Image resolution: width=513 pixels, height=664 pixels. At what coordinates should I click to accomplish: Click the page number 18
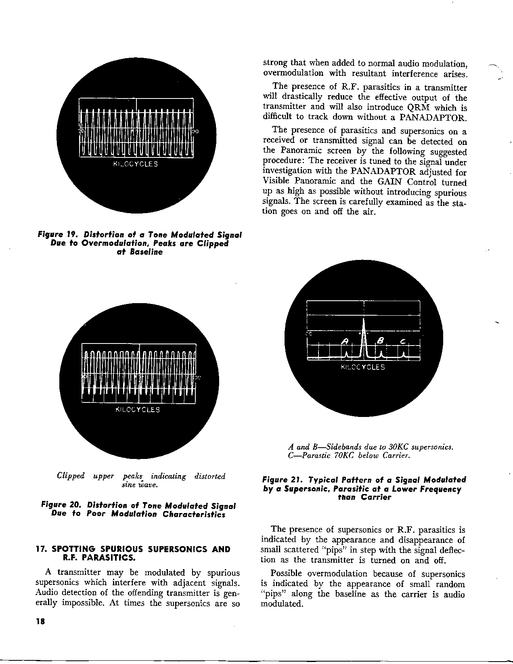point(40,622)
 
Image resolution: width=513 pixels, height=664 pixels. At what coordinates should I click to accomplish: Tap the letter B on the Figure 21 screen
point(379,341)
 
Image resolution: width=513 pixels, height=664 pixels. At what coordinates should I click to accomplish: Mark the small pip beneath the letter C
point(404,355)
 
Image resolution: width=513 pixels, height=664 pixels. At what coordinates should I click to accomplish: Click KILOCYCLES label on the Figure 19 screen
point(136,164)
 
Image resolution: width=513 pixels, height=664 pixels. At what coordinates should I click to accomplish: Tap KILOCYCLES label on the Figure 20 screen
point(138,410)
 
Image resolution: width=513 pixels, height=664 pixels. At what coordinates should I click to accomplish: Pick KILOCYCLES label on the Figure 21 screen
point(363,367)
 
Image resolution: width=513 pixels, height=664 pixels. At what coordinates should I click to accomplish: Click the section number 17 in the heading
point(40,549)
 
